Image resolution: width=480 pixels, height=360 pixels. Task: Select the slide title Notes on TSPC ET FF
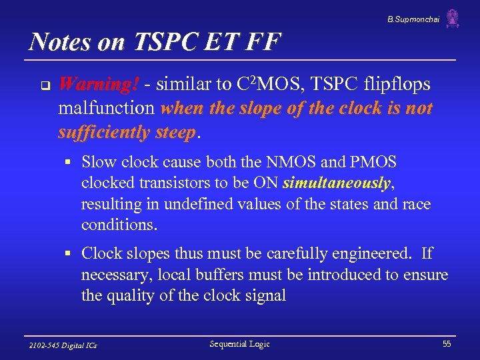point(155,42)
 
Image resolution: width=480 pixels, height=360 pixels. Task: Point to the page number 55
point(447,344)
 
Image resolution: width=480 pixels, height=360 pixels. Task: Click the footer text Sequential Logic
point(239,344)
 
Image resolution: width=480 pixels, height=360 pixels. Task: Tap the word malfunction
point(107,108)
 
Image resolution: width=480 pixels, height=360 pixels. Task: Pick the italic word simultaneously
point(337,182)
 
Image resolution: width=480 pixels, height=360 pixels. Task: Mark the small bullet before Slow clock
point(67,161)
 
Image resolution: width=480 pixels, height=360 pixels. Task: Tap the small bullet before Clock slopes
point(67,253)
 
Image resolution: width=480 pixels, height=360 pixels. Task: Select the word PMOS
point(374,161)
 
